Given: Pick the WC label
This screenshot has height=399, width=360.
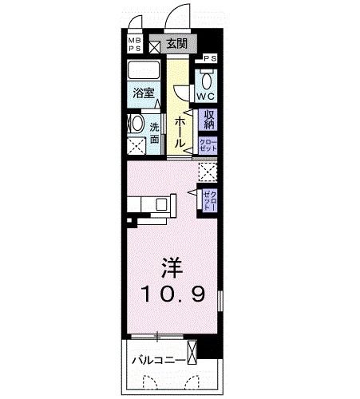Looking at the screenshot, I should (x=206, y=97).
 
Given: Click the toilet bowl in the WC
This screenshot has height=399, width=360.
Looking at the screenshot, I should (x=206, y=79).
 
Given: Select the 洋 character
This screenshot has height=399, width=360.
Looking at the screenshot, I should (x=170, y=266).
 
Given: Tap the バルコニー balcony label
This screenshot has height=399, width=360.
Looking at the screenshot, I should (x=157, y=360).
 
